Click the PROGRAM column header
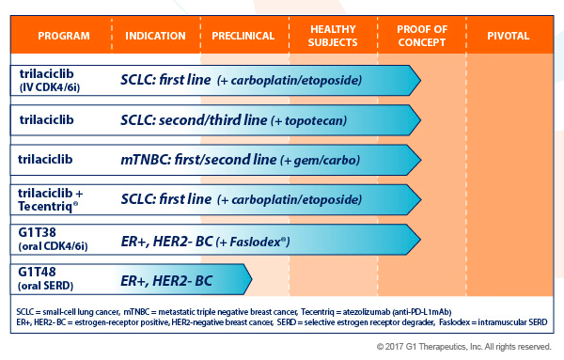[x=64, y=36]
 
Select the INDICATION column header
[x=155, y=36]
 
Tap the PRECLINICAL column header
[x=243, y=36]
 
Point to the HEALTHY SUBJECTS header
[x=333, y=36]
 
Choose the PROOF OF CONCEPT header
[x=422, y=36]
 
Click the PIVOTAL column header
[x=509, y=36]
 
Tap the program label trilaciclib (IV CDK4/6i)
[x=49, y=81]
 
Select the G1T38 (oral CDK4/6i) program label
[x=53, y=239]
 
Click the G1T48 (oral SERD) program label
[x=46, y=279]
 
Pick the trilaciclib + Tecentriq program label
[x=51, y=199]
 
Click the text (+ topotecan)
[x=308, y=121]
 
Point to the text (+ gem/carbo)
[x=320, y=160]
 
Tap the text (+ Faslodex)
[x=253, y=243]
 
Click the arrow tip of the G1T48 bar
[x=252, y=279]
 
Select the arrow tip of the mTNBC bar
[x=420, y=160]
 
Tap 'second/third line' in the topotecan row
[x=213, y=120]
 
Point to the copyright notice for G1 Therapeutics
[x=464, y=347]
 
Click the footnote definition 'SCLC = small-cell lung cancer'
[x=68, y=312]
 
